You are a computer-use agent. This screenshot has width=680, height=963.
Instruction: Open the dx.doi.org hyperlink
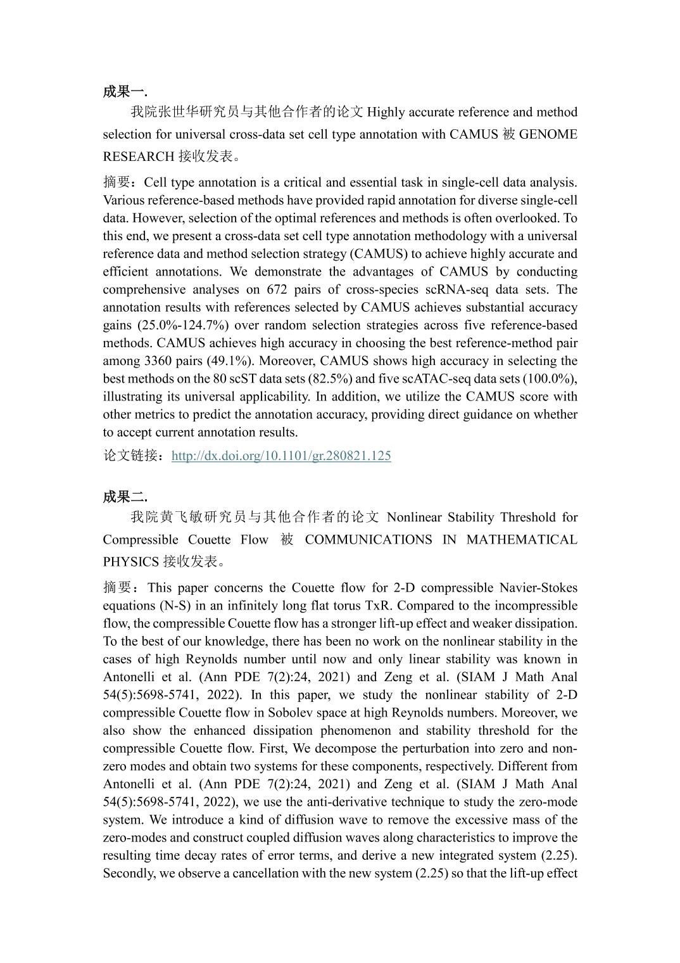pyautogui.click(x=281, y=456)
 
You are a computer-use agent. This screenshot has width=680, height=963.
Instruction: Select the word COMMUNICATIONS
pyautogui.click(x=359, y=540)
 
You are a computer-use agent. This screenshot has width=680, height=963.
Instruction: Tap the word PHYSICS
pyautogui.click(x=130, y=562)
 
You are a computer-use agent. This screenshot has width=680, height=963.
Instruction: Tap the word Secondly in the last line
pyautogui.click(x=129, y=873)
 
